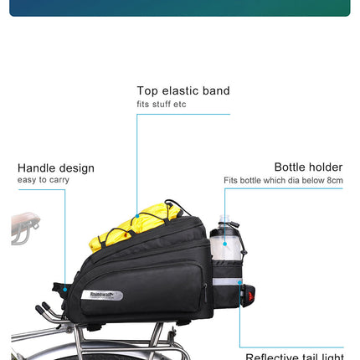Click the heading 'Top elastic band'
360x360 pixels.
tap(183, 90)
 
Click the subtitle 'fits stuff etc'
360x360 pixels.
tap(162, 105)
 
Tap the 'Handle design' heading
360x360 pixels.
tap(56, 167)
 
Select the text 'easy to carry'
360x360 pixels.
tap(44, 180)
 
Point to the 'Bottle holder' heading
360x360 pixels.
tap(308, 167)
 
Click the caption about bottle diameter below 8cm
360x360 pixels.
tap(283, 180)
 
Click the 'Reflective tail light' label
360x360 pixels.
tap(295, 357)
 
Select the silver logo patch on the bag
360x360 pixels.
tap(102, 295)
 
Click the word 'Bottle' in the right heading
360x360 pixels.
tap(291, 167)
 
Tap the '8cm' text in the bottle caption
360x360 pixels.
tap(335, 180)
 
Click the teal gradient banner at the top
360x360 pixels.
tap(180, 8)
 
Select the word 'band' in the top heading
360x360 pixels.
tap(215, 90)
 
